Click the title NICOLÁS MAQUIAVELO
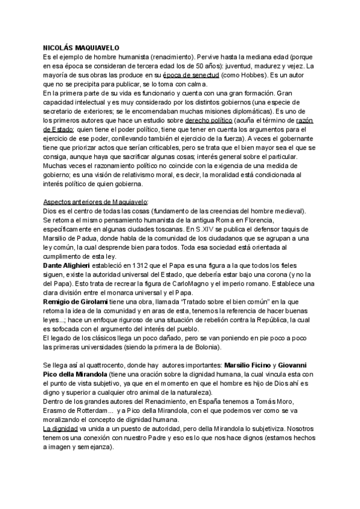(x=81, y=47)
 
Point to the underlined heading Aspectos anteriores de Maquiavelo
(x=95, y=201)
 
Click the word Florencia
(x=280, y=220)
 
